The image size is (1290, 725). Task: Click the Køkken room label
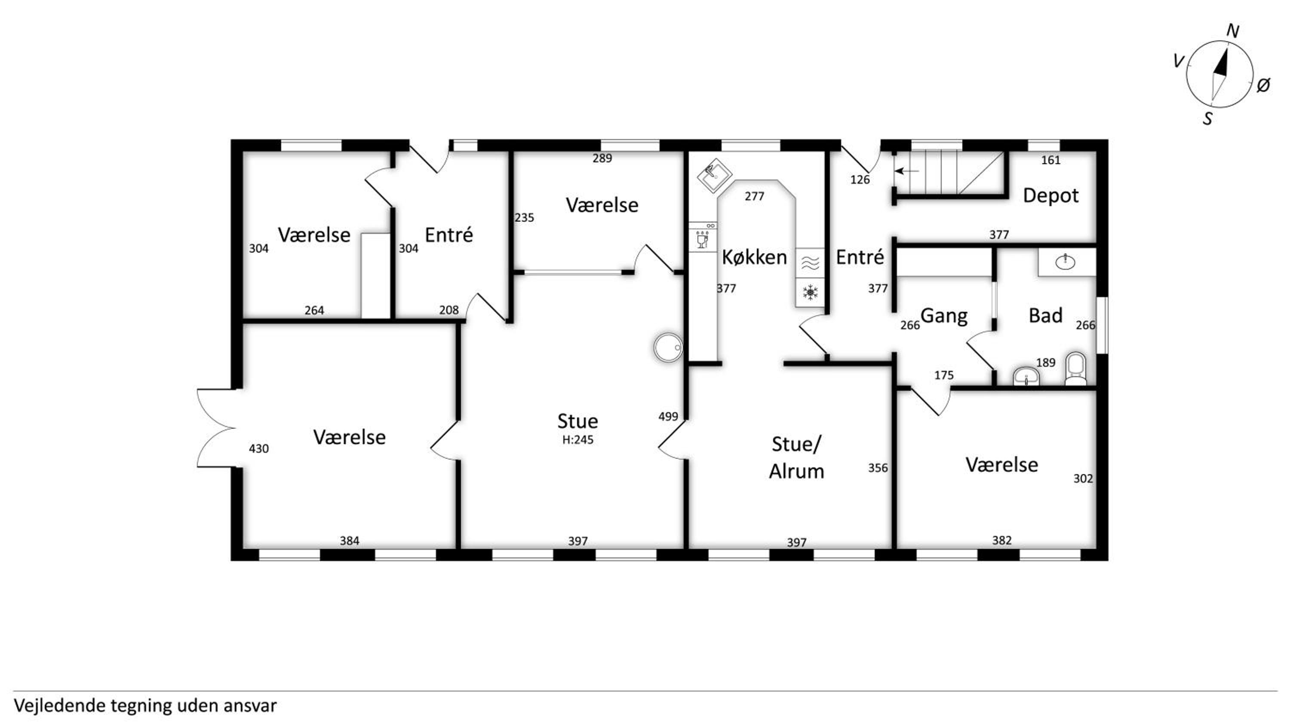point(754,257)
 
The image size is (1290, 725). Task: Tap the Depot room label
point(1050,195)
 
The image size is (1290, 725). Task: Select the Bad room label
point(1046,316)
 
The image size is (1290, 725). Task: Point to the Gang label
point(944,316)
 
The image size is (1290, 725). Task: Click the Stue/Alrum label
point(796,458)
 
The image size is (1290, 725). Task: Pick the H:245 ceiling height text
point(578,440)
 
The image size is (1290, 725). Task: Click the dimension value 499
point(668,416)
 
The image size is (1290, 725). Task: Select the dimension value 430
point(259,449)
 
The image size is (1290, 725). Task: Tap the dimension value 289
point(602,158)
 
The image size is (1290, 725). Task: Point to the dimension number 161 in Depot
point(1050,160)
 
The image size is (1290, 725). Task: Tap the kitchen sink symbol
point(715,175)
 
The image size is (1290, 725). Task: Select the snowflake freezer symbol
point(810,292)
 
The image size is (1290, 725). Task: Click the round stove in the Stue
point(668,347)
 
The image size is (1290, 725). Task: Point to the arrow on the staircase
point(907,171)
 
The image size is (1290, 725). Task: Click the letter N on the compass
point(1232,31)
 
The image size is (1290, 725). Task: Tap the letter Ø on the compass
point(1263,85)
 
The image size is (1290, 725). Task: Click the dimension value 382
point(1002,540)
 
